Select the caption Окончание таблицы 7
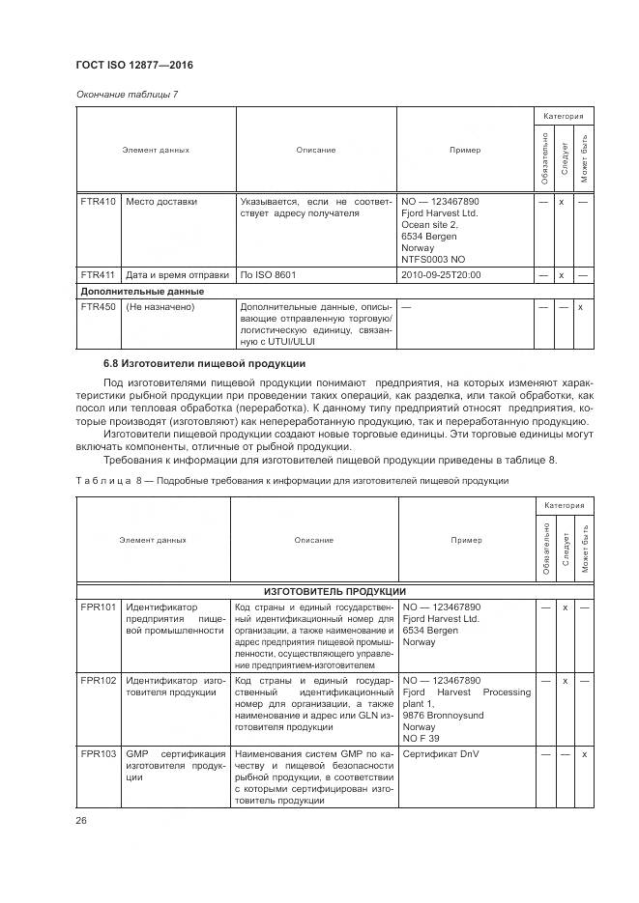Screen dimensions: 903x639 click(x=127, y=94)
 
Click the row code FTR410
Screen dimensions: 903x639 click(x=98, y=202)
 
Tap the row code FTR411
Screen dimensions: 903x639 click(x=98, y=274)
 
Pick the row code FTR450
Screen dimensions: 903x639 click(x=98, y=307)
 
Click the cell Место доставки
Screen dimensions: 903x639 click(x=160, y=202)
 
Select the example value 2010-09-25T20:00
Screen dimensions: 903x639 click(x=440, y=274)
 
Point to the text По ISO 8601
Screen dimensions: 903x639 click(x=268, y=274)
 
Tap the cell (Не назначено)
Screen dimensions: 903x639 click(x=160, y=307)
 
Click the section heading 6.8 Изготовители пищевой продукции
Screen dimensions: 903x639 click(x=204, y=363)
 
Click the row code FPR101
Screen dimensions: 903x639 click(x=98, y=607)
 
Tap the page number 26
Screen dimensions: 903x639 click(x=81, y=820)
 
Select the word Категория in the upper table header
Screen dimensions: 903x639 click(x=563, y=116)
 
